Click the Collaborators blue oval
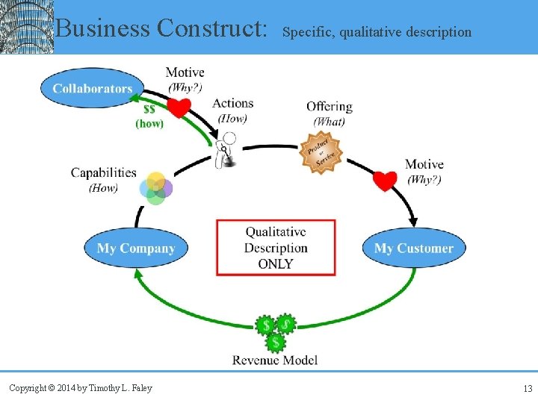92,88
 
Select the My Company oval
135,248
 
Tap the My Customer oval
413,248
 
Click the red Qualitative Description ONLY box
276,247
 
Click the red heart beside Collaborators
178,109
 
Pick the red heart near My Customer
384,181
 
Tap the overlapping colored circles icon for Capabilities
155,187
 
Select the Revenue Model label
275,360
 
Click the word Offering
329,106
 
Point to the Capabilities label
104,172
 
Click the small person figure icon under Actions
226,149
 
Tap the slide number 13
528,388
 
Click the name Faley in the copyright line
140,388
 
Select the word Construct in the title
212,29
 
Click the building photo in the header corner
27,27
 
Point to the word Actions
232,103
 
